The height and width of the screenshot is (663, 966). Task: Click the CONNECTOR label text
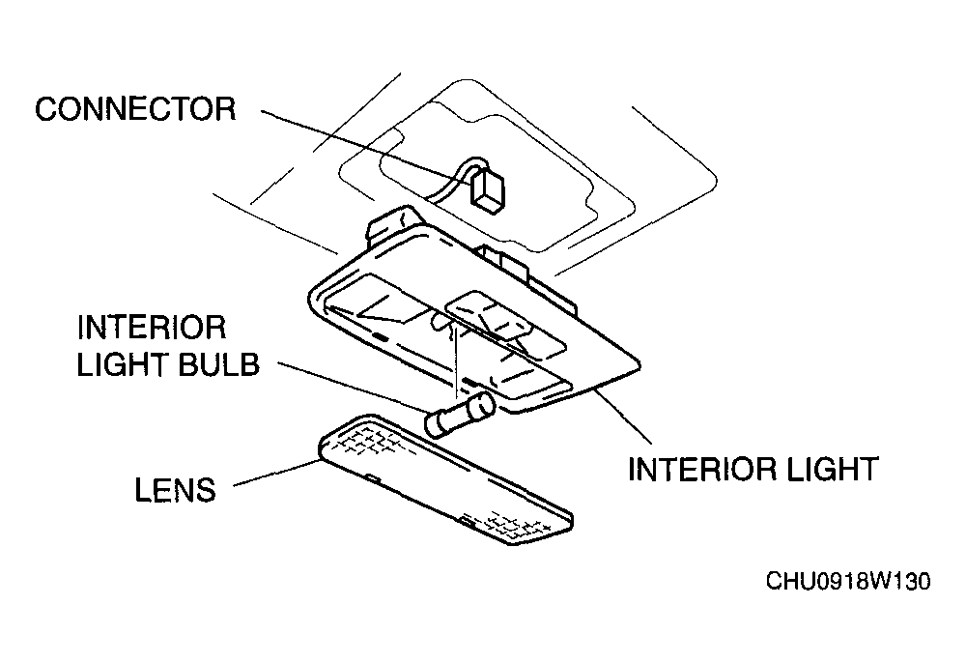[135, 109]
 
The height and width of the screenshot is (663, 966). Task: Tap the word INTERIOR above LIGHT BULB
[152, 328]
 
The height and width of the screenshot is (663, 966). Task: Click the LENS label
[176, 490]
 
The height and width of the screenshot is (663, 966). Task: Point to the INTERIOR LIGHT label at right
[753, 469]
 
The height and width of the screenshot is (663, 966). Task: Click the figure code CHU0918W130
[848, 581]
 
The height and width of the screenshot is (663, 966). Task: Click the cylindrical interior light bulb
[460, 415]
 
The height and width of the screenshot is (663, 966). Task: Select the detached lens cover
[445, 479]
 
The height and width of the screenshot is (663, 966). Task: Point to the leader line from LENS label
[275, 474]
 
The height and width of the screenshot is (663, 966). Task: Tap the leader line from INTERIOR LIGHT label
[623, 416]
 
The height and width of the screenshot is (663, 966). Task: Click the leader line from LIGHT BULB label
[352, 387]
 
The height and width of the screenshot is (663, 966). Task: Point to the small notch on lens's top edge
[372, 476]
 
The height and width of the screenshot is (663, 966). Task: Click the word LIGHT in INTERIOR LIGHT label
[823, 469]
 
